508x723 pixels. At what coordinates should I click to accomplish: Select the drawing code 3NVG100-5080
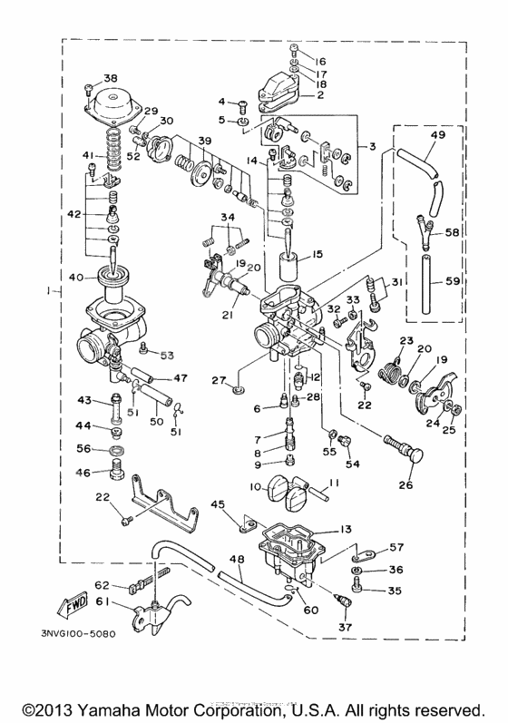pos(80,633)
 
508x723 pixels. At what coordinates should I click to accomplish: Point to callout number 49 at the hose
pos(437,135)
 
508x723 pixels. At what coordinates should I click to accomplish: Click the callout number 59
pos(453,281)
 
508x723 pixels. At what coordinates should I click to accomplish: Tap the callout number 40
pos(75,278)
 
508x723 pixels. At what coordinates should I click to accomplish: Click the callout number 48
pos(238,562)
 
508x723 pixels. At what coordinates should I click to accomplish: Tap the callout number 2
pos(319,93)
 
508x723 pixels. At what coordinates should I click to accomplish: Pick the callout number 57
pos(396,548)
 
